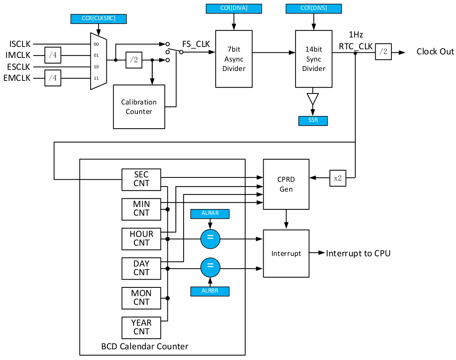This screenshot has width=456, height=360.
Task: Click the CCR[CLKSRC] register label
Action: [99, 19]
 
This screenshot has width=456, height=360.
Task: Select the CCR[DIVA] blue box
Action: [234, 8]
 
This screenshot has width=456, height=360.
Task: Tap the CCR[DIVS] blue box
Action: [313, 8]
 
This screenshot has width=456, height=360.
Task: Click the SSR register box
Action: [313, 121]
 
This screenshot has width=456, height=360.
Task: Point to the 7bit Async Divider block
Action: [234, 59]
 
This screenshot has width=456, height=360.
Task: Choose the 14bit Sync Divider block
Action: [314, 59]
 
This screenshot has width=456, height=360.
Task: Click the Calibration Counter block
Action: [139, 107]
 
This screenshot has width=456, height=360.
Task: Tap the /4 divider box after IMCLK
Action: [53, 55]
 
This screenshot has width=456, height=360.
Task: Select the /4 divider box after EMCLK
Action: [53, 78]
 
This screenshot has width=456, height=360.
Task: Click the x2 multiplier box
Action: [338, 178]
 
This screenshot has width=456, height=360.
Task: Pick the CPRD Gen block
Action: [286, 184]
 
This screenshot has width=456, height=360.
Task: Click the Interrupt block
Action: [286, 254]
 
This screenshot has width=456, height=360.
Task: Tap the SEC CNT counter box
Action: [141, 179]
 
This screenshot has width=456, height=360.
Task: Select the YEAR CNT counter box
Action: [141, 328]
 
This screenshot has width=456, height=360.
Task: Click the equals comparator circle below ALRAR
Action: [210, 239]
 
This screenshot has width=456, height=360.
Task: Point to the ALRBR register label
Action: [210, 291]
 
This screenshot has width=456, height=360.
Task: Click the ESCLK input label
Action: [19, 67]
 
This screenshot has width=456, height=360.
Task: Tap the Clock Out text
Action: [435, 52]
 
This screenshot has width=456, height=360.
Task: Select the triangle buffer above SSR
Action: [313, 99]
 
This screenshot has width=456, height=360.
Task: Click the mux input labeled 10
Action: [96, 67]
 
